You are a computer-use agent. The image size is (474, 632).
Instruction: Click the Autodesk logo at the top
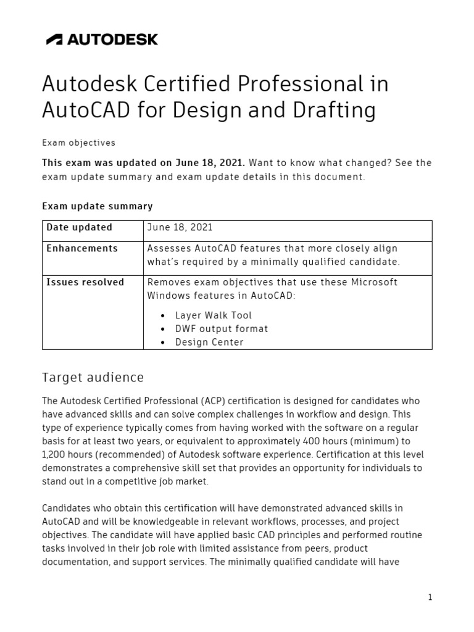pos(102,39)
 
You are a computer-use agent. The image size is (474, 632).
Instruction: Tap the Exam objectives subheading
pos(78,143)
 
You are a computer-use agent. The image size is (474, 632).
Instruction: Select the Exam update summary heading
pos(97,206)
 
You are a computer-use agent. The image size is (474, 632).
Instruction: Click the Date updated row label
pos(80,227)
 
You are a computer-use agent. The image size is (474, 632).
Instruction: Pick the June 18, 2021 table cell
pos(180,227)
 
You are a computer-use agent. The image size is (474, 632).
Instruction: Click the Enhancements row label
pos(82,248)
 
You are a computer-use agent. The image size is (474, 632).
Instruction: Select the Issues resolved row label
pos(85,282)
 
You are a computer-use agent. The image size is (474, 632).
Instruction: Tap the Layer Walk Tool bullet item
pos(214,315)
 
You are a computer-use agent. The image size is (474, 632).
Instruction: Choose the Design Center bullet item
pos(209,342)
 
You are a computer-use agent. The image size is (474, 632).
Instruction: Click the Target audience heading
pos(93,377)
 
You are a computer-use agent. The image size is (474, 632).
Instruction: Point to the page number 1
pos(430,597)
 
